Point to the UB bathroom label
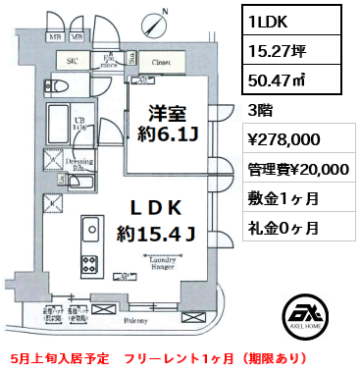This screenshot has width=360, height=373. pyautogui.click(x=83, y=124)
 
